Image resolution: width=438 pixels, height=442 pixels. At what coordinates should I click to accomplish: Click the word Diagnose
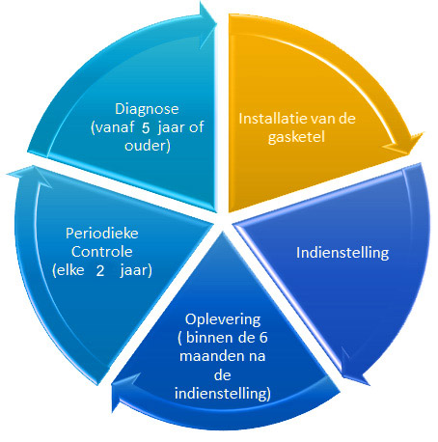pyautogui.click(x=147, y=109)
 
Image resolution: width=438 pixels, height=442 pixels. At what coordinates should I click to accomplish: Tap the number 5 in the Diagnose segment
pyautogui.click(x=146, y=128)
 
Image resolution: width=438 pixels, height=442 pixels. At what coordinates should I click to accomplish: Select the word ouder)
pyautogui.click(x=148, y=146)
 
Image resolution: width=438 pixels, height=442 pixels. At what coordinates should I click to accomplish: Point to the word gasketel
pyautogui.click(x=296, y=138)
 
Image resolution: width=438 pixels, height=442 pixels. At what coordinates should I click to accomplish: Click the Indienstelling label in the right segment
pyautogui.click(x=342, y=253)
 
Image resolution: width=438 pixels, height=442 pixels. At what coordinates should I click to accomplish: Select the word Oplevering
pyautogui.click(x=223, y=320)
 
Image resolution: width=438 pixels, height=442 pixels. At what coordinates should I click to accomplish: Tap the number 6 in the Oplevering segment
pyautogui.click(x=263, y=338)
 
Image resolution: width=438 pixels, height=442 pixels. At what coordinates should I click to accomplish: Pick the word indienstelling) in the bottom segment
pyautogui.click(x=223, y=394)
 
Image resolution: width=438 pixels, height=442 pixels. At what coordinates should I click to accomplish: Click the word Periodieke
pyautogui.click(x=102, y=234)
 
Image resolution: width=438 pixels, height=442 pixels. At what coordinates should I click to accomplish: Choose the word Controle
pyautogui.click(x=101, y=252)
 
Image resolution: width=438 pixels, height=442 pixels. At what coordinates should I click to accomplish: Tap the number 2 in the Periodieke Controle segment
pyautogui.click(x=100, y=271)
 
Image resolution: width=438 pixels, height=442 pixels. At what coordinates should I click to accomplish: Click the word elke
pyautogui.click(x=68, y=270)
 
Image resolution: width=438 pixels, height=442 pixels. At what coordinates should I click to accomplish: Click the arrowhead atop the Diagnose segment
pyautogui.click(x=205, y=22)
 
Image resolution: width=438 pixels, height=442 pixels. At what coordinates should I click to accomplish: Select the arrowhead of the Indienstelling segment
pyautogui.click(x=356, y=369)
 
